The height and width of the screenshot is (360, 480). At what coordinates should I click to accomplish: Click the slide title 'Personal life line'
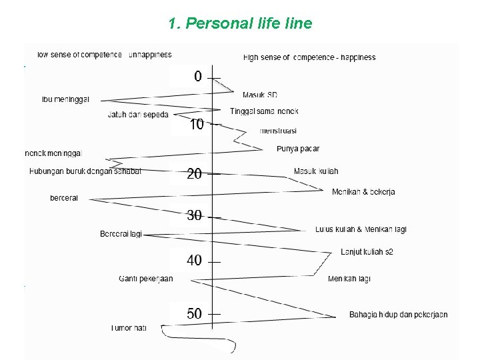coord(240,24)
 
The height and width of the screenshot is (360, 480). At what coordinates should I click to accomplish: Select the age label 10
coord(197,125)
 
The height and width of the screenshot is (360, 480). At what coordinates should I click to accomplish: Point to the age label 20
coord(194,174)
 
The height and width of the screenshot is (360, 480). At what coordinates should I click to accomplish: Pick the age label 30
coord(194,216)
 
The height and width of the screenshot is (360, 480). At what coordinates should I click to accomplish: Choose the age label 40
coord(194,261)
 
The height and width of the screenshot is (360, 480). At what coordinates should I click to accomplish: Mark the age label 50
coord(194,313)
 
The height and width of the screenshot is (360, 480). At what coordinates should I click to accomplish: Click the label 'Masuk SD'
coord(260,95)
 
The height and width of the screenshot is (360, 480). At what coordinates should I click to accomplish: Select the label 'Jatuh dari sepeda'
coord(138,115)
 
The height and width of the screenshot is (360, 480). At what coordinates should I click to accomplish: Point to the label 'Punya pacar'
coord(298,149)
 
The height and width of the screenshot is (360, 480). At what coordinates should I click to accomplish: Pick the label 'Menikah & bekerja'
coord(363,192)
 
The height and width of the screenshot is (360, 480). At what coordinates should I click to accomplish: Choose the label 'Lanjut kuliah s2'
coord(367,252)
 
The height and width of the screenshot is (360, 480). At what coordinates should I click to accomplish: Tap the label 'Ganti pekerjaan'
coord(145,279)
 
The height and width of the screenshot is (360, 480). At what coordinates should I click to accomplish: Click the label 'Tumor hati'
coord(129,328)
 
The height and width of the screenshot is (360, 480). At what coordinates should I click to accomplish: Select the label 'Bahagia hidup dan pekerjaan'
coord(398,315)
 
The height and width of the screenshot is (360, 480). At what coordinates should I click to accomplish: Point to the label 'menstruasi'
coord(278,131)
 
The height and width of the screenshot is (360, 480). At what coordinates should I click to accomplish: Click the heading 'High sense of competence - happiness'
coord(309,57)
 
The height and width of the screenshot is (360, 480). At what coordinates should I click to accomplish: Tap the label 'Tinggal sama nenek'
coord(264,111)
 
